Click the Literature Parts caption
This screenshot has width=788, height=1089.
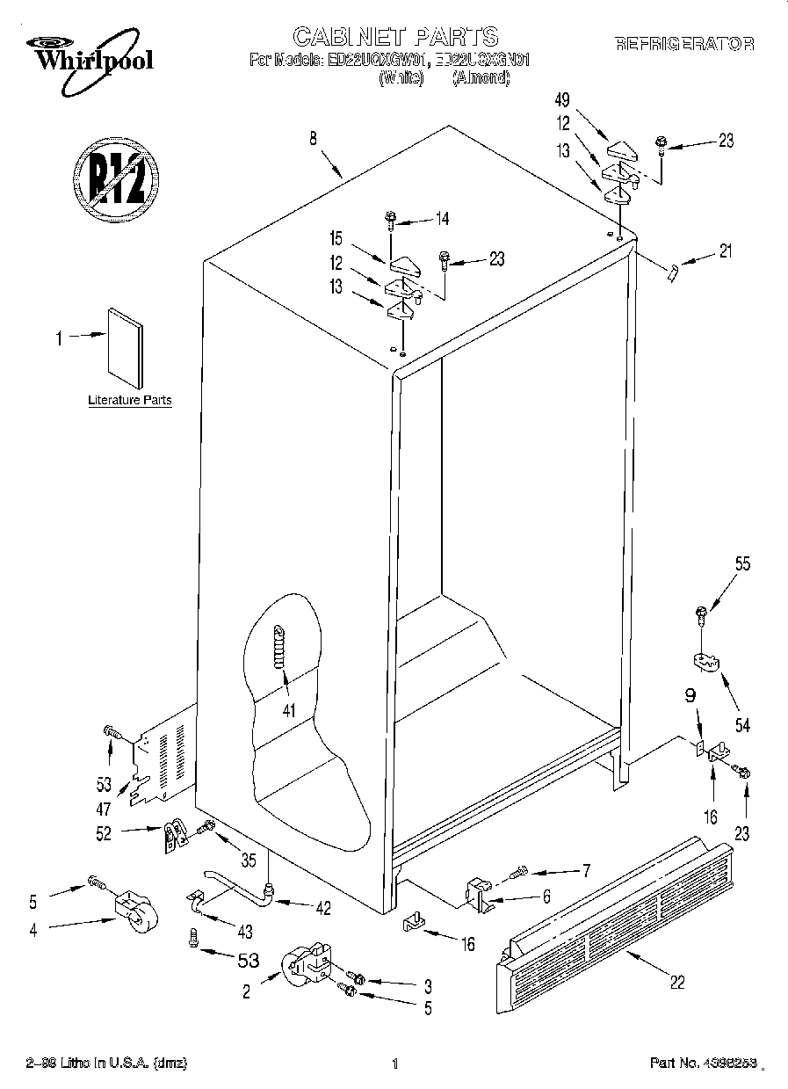click(130, 401)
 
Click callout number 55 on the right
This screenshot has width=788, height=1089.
click(742, 564)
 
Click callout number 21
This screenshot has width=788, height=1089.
click(724, 251)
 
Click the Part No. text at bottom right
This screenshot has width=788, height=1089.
click(701, 1064)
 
